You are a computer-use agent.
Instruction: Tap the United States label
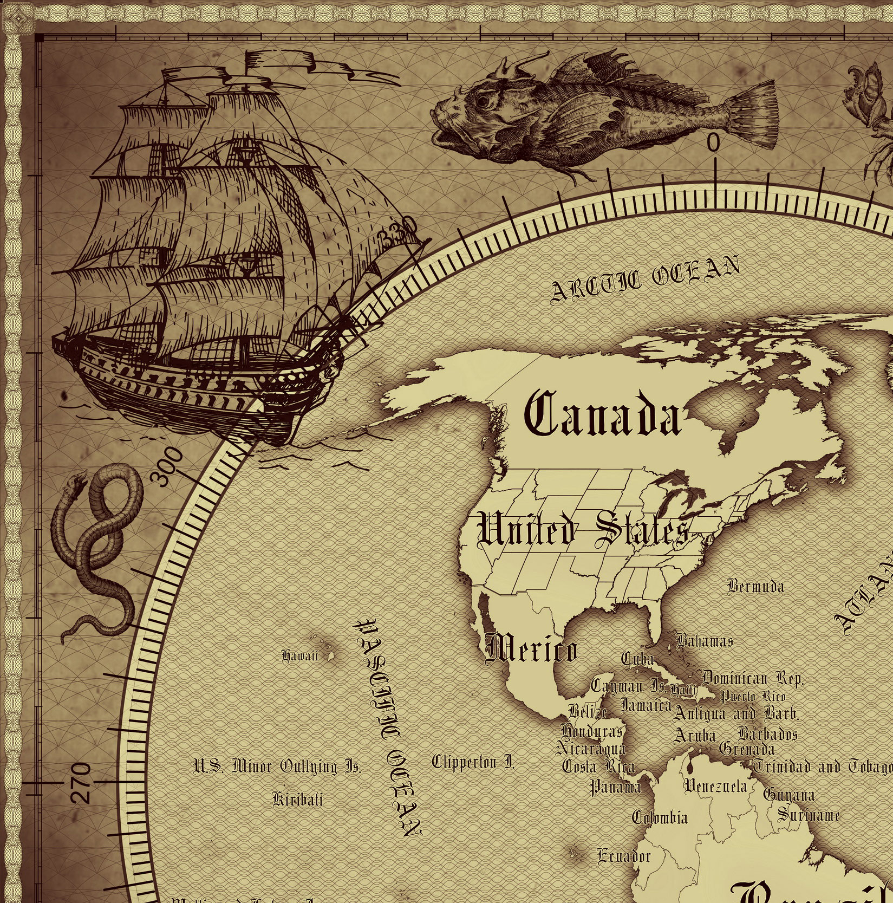pos(584,529)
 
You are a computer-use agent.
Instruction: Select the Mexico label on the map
pos(531,649)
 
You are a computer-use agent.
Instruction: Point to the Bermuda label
pos(755,586)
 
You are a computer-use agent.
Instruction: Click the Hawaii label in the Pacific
pos(299,656)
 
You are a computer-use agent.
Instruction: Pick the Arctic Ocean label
pos(644,280)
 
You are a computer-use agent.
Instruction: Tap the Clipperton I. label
pos(473,763)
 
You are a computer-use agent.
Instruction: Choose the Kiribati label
pos(298,799)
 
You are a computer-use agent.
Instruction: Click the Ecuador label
pos(624,856)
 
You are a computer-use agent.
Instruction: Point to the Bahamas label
pos(705,641)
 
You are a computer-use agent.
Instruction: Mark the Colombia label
pos(660,817)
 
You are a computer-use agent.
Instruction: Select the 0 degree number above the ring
pos(714,144)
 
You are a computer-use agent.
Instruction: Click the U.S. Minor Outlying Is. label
pos(277,767)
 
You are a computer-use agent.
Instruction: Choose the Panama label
pos(615,787)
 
